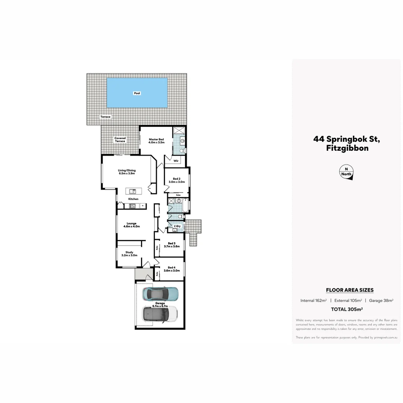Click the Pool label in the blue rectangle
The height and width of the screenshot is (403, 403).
coord(137,93)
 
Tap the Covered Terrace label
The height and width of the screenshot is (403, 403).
coord(120,140)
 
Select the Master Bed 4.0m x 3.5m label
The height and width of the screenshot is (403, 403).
coord(156,141)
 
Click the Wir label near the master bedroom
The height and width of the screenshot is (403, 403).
coord(176,161)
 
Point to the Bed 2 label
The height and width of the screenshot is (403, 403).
coord(177,180)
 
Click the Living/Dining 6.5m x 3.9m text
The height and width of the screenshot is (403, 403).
coord(126,172)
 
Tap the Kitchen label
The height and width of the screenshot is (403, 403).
coord(133,199)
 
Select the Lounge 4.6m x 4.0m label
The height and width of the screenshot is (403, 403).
coord(131,225)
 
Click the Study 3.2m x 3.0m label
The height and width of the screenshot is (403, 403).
coord(129,254)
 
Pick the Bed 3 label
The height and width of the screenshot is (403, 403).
coord(172,245)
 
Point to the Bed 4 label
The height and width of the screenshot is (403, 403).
coord(172,269)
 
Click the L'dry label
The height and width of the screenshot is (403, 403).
coord(177,226)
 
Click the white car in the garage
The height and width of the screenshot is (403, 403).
coord(160,314)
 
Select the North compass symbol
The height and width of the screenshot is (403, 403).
coord(346,173)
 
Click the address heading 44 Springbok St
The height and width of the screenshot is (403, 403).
coord(346,139)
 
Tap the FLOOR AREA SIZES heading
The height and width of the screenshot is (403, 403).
coord(350,290)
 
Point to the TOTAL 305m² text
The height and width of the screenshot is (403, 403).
coord(347,309)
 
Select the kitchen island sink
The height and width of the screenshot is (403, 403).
coord(132,191)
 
